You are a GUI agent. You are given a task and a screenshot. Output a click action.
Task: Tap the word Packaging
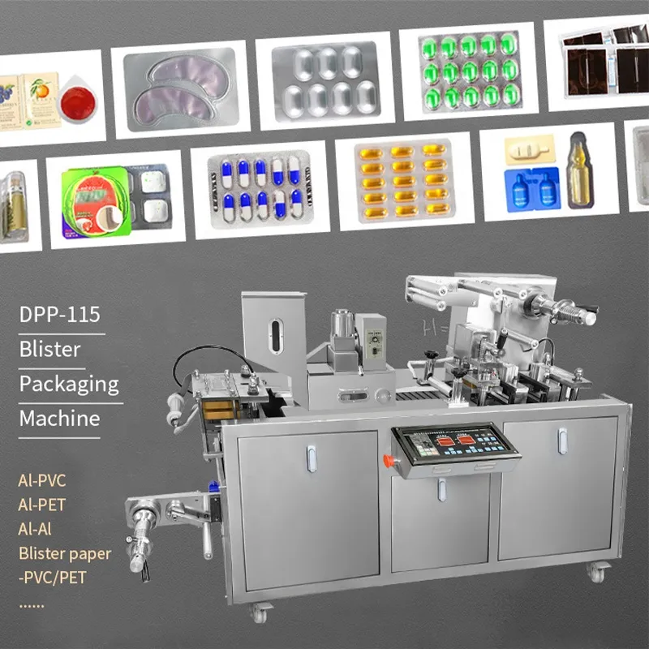68,384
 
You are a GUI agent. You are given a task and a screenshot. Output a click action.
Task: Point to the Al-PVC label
42,480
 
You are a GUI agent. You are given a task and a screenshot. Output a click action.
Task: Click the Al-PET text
41,505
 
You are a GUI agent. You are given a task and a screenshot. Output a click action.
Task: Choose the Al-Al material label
37,529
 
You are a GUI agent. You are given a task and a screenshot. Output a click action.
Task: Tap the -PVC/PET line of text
52,578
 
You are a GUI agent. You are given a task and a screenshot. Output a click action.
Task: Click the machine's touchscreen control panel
453,445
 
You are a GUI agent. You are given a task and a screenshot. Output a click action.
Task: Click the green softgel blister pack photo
469,72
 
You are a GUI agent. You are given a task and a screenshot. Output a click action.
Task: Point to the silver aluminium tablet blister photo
324,80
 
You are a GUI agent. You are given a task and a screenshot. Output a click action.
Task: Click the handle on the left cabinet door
311,459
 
